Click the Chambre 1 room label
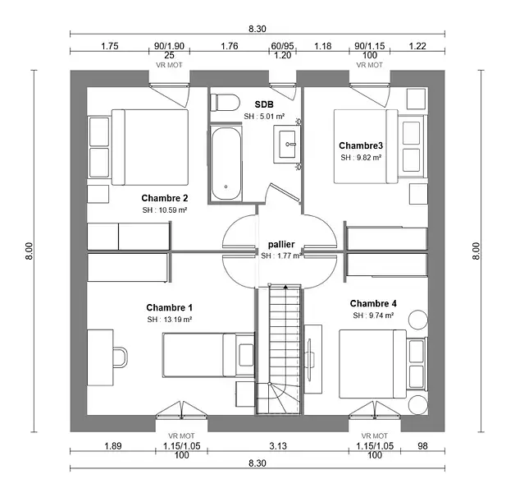[x=170, y=306]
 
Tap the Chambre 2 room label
[x=165, y=198]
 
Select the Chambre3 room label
[x=361, y=145]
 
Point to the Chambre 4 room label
[x=373, y=303]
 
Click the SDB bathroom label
[x=264, y=104]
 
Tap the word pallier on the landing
[x=281, y=245]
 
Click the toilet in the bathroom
[x=224, y=102]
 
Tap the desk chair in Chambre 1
[x=120, y=357]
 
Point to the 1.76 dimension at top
[x=230, y=46]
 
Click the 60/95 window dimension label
[x=282, y=46]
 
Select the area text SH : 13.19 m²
[x=170, y=319]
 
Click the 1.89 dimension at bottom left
[x=113, y=446]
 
